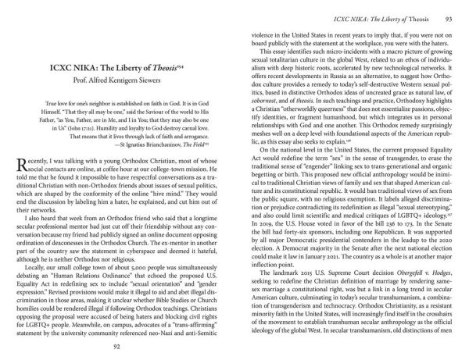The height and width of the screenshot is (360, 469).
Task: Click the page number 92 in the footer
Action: tap(116, 348)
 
